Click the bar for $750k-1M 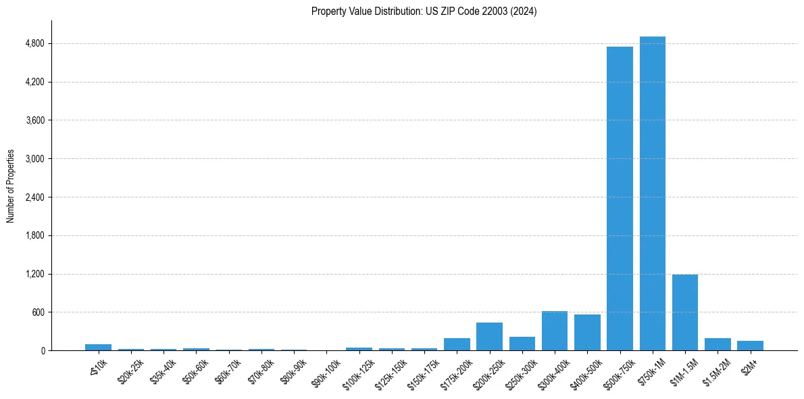coord(652,193)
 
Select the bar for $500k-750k coord(620,199)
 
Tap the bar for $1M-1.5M coord(684,312)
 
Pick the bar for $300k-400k coord(554,331)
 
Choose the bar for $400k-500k coord(587,333)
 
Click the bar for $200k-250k coord(489,337)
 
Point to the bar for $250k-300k coord(522,344)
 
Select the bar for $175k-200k coord(457,344)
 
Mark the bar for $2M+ coord(750,346)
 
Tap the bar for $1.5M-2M coord(718,344)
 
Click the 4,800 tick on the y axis coord(34,44)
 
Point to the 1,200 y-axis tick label coord(34,275)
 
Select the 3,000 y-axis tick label coord(34,159)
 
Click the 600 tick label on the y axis coord(38,312)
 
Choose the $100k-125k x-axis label coord(358,372)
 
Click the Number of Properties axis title coord(10,186)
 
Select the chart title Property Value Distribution coord(424,11)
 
